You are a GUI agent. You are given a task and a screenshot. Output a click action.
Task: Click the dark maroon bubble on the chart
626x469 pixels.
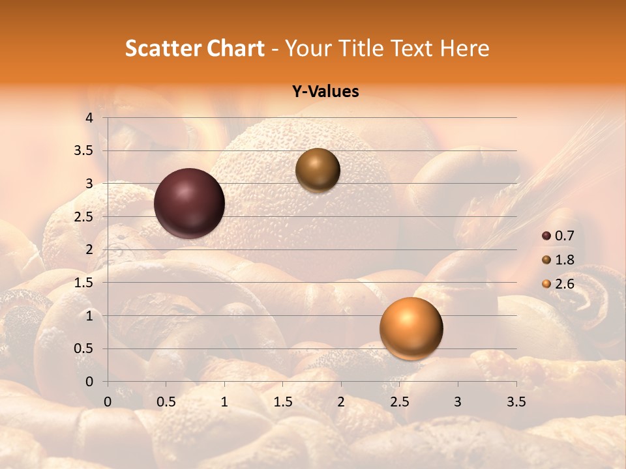(189, 203)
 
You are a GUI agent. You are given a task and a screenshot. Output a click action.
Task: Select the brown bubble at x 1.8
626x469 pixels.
(318, 170)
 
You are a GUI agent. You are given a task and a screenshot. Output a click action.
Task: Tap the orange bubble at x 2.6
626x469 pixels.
(411, 328)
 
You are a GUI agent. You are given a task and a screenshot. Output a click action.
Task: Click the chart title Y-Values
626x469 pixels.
(325, 92)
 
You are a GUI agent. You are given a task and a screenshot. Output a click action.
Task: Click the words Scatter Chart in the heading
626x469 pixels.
(195, 48)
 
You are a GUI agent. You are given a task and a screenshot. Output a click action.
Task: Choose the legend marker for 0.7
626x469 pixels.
(546, 236)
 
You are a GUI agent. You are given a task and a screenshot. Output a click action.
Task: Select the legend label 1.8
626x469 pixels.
(565, 260)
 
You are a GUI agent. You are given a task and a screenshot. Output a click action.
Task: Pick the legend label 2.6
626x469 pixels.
(565, 284)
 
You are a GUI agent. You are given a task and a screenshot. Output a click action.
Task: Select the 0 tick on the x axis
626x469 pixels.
(108, 402)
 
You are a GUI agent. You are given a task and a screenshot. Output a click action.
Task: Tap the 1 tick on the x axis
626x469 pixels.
(224, 402)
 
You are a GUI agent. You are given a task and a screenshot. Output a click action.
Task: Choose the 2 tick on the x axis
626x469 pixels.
(341, 402)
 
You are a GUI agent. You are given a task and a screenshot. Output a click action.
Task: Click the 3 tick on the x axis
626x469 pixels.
(458, 402)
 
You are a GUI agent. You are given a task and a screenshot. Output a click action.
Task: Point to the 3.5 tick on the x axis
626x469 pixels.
(516, 402)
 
